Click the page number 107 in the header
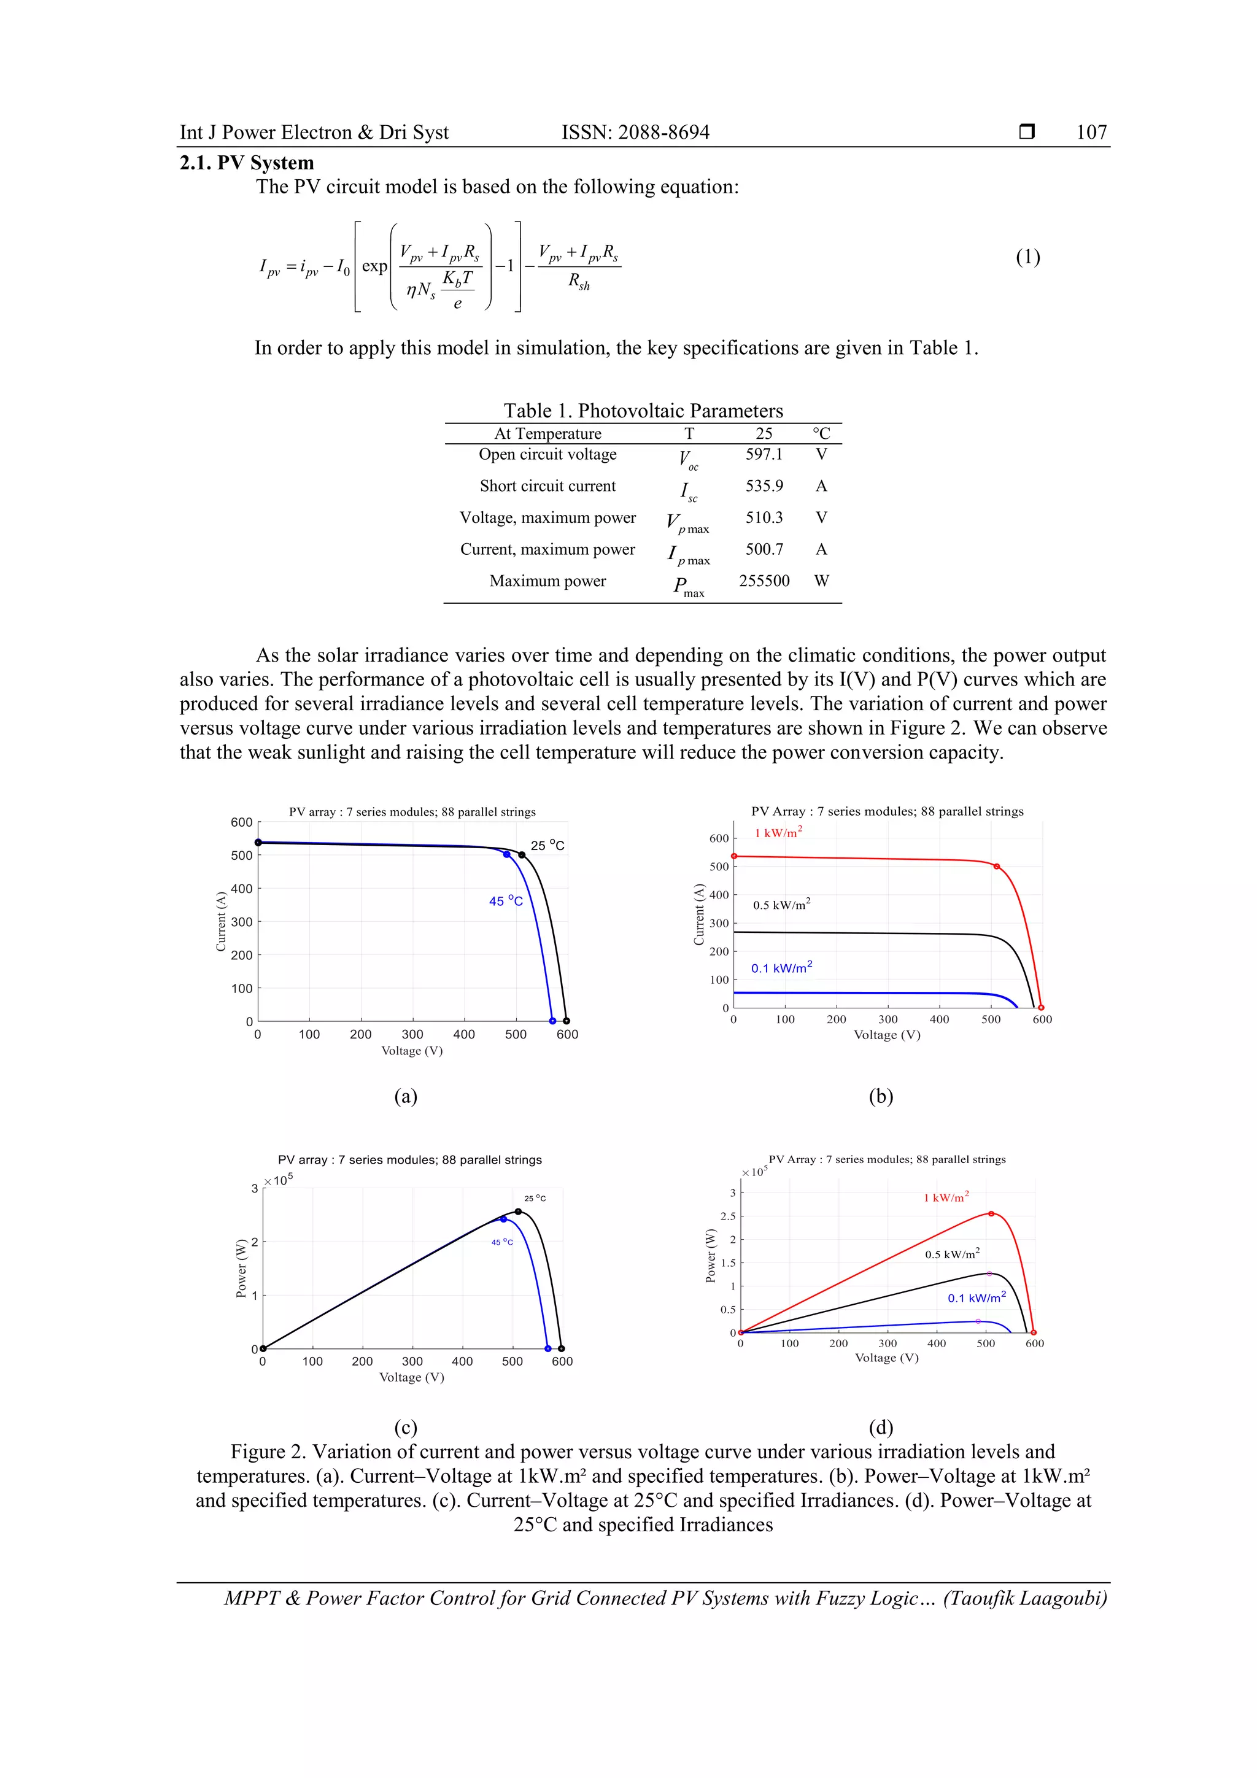pyautogui.click(x=1091, y=133)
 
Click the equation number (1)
pyautogui.click(x=1027, y=257)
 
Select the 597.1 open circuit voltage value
pyautogui.click(x=764, y=455)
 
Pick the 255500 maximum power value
pyautogui.click(x=764, y=581)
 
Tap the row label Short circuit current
pyautogui.click(x=547, y=486)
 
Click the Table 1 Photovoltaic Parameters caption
pyautogui.click(x=643, y=411)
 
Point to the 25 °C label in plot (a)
pyautogui.click(x=547, y=846)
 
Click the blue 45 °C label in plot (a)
pyautogui.click(x=506, y=902)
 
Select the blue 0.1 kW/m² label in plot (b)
pyautogui.click(x=781, y=968)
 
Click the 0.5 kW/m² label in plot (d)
pyautogui.click(x=952, y=1254)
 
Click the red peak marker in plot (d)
pyautogui.click(x=991, y=1213)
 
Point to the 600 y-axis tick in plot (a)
pyautogui.click(x=242, y=822)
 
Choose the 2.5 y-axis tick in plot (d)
pyautogui.click(x=727, y=1216)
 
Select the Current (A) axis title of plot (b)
pyautogui.click(x=698, y=914)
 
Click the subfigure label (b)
pyautogui.click(x=881, y=1097)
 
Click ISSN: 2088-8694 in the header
pyautogui.click(x=635, y=133)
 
